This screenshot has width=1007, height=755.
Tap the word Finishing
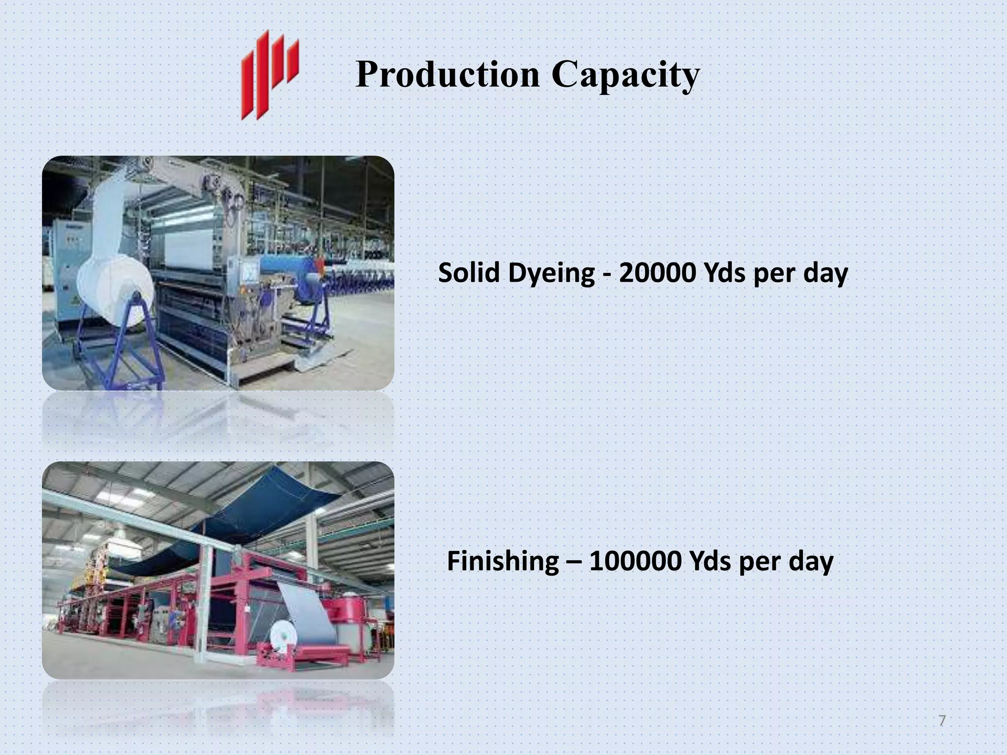[503, 562]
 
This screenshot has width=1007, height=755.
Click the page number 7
[942, 721]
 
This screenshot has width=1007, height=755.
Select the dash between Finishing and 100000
[573, 562]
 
